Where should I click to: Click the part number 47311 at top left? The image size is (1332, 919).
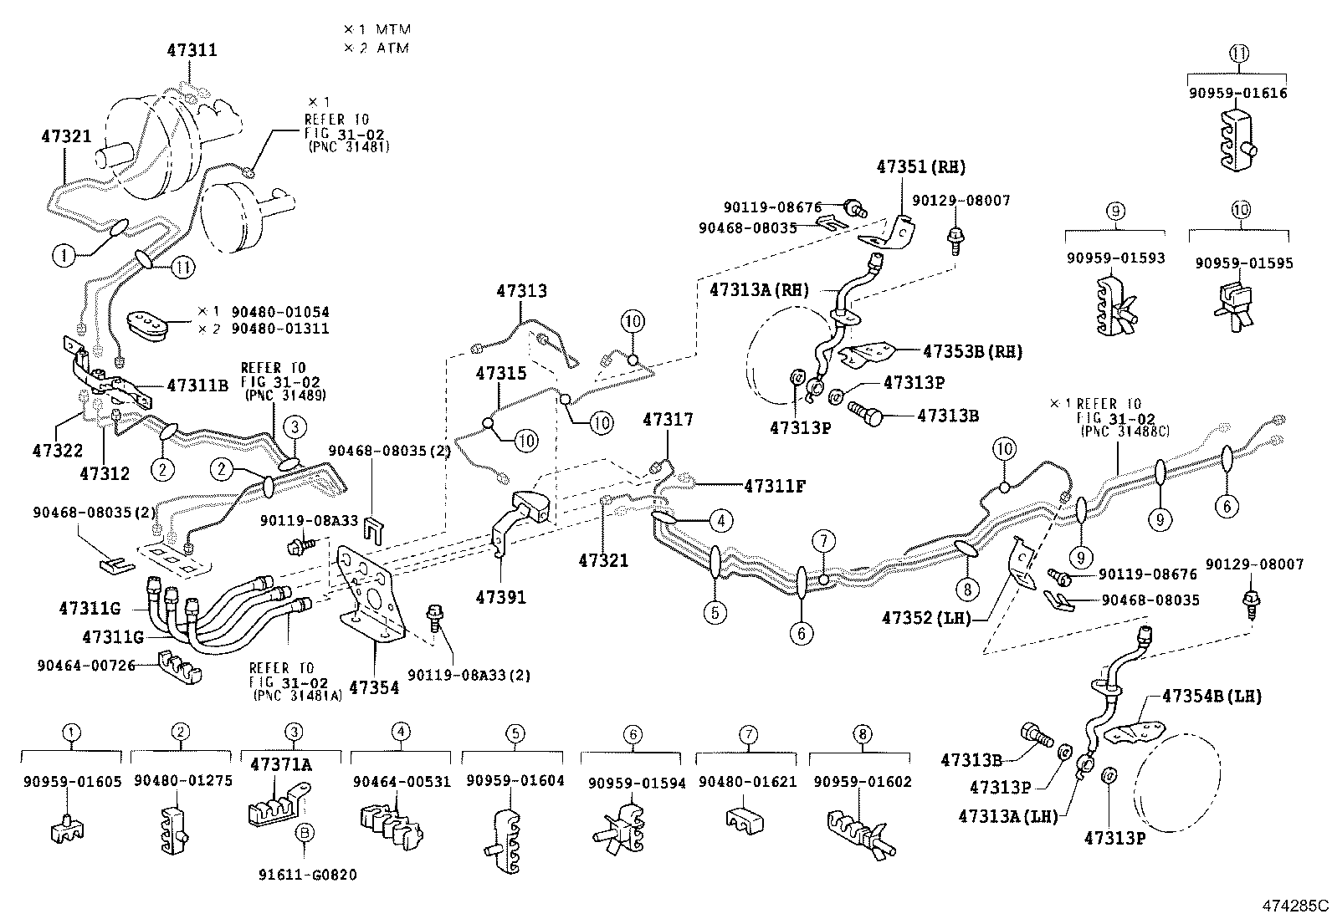point(192,50)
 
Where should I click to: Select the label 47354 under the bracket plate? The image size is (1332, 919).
point(374,687)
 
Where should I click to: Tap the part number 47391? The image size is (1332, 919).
point(501,597)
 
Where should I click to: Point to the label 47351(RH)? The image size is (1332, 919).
point(921,167)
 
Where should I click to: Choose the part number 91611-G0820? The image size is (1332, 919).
point(309,875)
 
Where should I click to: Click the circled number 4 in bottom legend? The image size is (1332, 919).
point(402,733)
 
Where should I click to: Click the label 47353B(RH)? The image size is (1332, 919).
point(972,352)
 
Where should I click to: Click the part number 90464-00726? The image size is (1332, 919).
point(85,665)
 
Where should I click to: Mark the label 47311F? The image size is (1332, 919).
point(774,484)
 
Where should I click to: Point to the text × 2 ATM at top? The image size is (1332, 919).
point(377,48)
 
